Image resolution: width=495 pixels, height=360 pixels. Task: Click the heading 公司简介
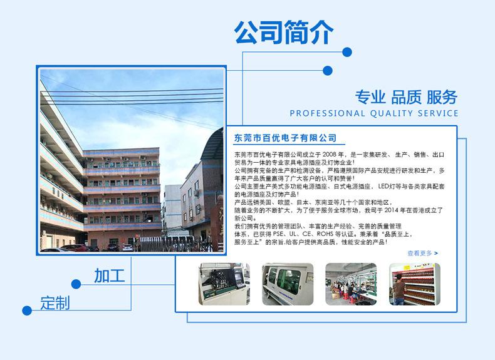click(283, 32)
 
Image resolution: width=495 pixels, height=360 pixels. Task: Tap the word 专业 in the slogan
click(370, 96)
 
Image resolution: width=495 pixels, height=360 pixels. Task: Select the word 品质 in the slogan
click(406, 96)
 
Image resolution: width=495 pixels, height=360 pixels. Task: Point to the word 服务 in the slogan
click(442, 96)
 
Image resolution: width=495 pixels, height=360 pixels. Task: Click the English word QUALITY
click(392, 113)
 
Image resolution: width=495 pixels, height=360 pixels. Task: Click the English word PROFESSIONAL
click(327, 113)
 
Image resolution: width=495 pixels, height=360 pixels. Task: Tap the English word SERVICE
click(438, 113)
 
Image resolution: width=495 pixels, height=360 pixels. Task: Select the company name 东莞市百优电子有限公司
click(285, 138)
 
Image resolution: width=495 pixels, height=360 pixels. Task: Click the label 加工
click(109, 275)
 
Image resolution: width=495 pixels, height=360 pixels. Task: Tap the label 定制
click(55, 303)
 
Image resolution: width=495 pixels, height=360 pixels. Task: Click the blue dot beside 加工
click(76, 284)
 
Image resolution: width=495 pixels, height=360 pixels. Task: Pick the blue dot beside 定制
click(27, 311)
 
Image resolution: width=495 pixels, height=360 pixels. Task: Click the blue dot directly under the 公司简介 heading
click(347, 52)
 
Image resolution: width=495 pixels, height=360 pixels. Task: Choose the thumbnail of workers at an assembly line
click(351, 284)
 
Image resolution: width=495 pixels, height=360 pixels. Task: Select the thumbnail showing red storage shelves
click(415, 284)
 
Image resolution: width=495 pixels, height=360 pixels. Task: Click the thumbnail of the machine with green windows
click(288, 284)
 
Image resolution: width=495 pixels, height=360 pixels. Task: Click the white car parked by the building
click(127, 247)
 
